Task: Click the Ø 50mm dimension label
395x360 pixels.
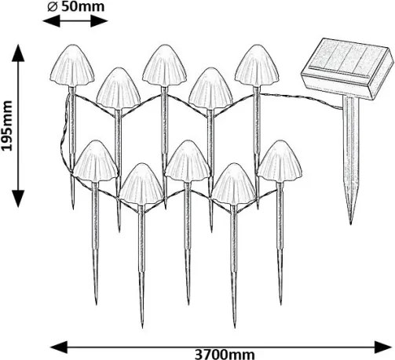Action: point(76,6)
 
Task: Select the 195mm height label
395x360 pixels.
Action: point(7,125)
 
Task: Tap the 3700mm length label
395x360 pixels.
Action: point(225,355)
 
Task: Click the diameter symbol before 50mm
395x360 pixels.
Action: point(53,7)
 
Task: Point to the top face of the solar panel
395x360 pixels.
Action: point(348,58)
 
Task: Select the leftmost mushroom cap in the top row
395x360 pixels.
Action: point(72,66)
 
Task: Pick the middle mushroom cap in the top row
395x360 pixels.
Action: point(164,66)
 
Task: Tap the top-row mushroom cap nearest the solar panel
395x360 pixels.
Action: point(257,66)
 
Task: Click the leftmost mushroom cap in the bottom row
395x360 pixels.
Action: point(95,162)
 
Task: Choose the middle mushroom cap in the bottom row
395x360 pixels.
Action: point(188,162)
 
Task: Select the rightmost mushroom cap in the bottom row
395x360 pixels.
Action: point(280,162)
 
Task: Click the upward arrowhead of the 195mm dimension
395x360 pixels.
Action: point(18,53)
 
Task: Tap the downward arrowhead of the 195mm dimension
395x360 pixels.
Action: point(18,198)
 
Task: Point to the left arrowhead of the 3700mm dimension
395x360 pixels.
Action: point(59,347)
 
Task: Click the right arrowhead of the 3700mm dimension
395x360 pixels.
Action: point(383,347)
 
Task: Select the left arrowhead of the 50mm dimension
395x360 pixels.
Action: point(51,21)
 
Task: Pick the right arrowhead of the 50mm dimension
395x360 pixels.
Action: point(99,21)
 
